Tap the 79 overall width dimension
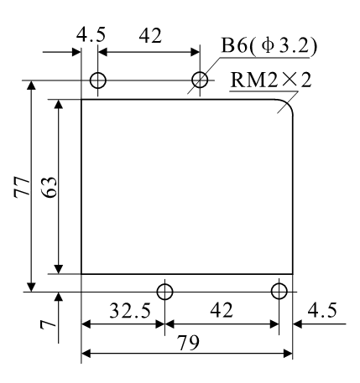pyautogui.click(x=187, y=343)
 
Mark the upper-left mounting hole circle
pyautogui.click(x=97, y=80)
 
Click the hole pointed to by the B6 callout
pyautogui.click(x=201, y=80)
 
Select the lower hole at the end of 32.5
pyautogui.click(x=164, y=291)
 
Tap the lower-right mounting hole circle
pyautogui.click(x=279, y=291)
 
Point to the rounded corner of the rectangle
pyautogui.click(x=286, y=106)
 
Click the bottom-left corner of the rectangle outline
pyautogui.click(x=81, y=273)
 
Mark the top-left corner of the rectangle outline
pyautogui.click(x=81, y=100)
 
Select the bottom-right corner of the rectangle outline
pyautogui.click(x=293, y=273)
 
